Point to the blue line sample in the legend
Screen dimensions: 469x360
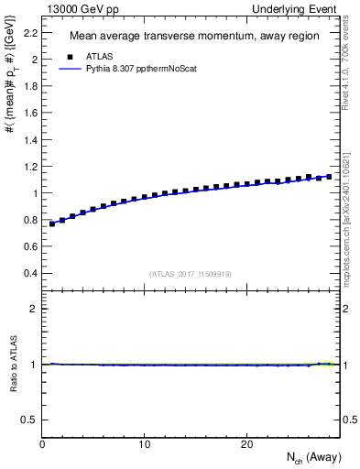click(72, 68)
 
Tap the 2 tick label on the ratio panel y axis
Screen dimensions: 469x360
click(35, 309)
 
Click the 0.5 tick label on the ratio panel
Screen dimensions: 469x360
click(30, 420)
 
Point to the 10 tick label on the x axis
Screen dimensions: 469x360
click(144, 444)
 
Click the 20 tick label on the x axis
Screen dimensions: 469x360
click(246, 444)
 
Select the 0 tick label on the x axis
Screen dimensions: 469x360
click(42, 444)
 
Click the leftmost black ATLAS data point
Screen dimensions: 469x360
click(52, 224)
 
